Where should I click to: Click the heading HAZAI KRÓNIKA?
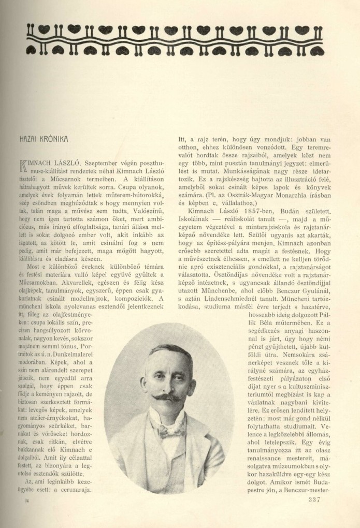point(45,140)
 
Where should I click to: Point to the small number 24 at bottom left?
point(26,501)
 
